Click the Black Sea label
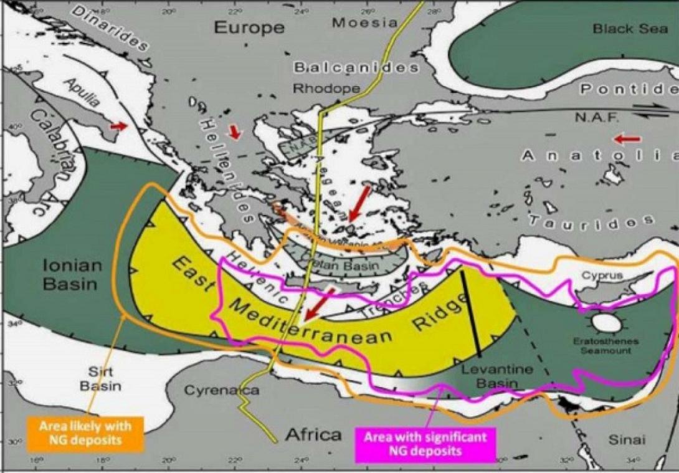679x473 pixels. click(622, 29)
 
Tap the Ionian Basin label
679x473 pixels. click(72, 275)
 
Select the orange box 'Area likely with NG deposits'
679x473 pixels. click(85, 432)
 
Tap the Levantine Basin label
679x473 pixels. click(496, 376)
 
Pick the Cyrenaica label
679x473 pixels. click(221, 391)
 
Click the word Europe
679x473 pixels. click(249, 27)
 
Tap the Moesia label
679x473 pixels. click(364, 23)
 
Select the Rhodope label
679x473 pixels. click(326, 88)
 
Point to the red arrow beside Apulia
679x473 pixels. click(118, 127)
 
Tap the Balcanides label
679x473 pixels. click(356, 67)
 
